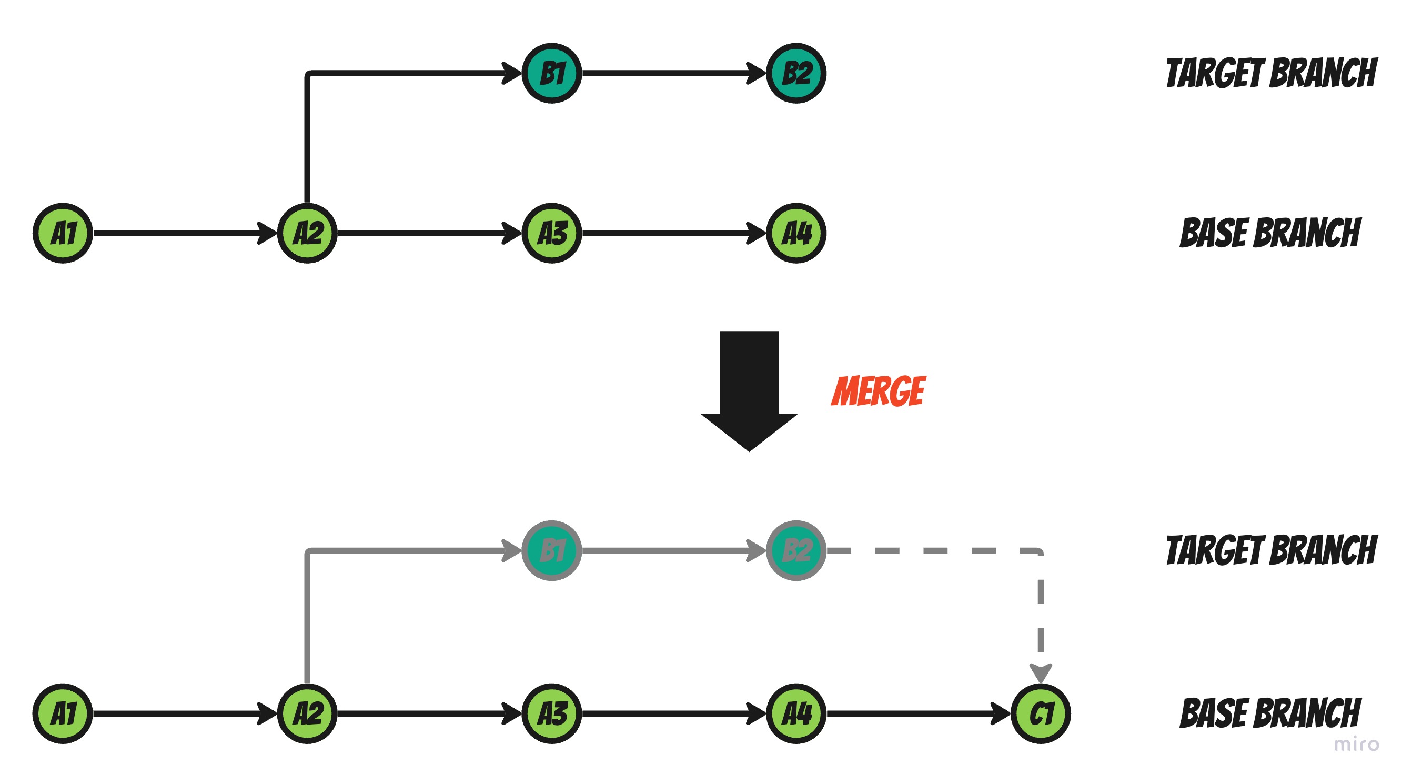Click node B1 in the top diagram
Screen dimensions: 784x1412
click(x=551, y=73)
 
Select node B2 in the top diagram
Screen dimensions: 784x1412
click(x=796, y=73)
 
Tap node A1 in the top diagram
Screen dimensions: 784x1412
click(x=63, y=233)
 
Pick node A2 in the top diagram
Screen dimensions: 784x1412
click(x=308, y=233)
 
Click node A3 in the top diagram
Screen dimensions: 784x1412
click(x=551, y=233)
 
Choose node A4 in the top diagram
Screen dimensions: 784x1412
click(x=796, y=233)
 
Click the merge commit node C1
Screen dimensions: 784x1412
click(x=1041, y=713)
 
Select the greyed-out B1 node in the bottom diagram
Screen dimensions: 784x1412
click(x=551, y=550)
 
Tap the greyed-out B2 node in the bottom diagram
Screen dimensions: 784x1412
click(x=796, y=550)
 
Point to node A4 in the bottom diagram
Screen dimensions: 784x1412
click(x=796, y=713)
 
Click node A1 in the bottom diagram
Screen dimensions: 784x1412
click(x=63, y=713)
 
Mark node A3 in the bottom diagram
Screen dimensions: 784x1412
click(x=551, y=713)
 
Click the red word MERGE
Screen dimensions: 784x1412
click(x=878, y=391)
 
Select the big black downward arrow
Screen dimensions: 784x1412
click(x=749, y=389)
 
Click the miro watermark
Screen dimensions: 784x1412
click(x=1356, y=745)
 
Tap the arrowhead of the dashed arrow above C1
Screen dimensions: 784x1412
click(x=1041, y=671)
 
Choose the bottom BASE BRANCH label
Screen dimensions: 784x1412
click(x=1270, y=713)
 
